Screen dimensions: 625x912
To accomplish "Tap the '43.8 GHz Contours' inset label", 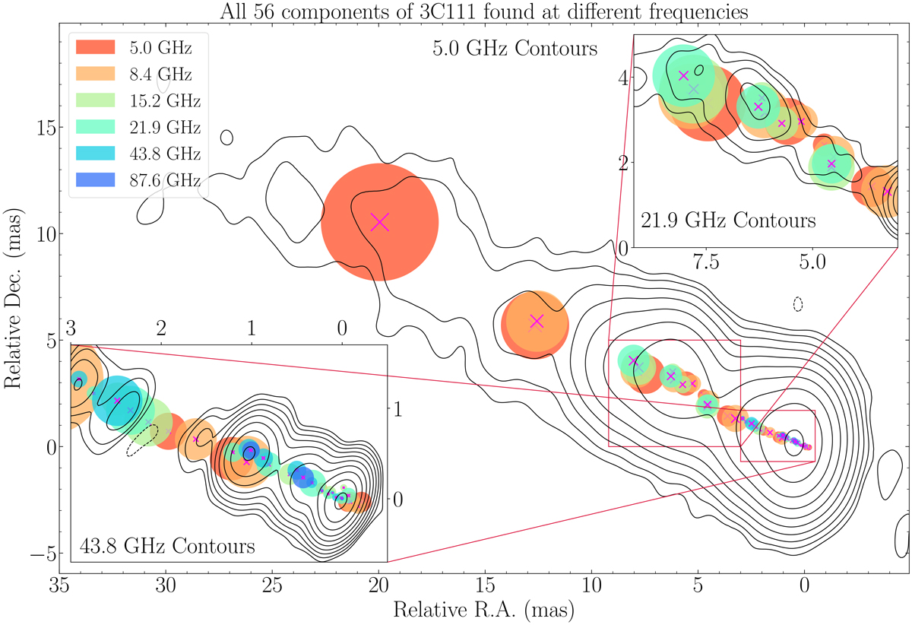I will (x=166, y=545).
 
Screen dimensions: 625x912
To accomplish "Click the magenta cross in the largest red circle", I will (x=379, y=222).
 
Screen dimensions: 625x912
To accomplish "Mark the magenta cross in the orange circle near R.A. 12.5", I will (x=537, y=322).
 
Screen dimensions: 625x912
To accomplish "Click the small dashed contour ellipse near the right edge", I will (x=798, y=304).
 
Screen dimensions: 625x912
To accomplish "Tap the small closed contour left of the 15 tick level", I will (x=226, y=138).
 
